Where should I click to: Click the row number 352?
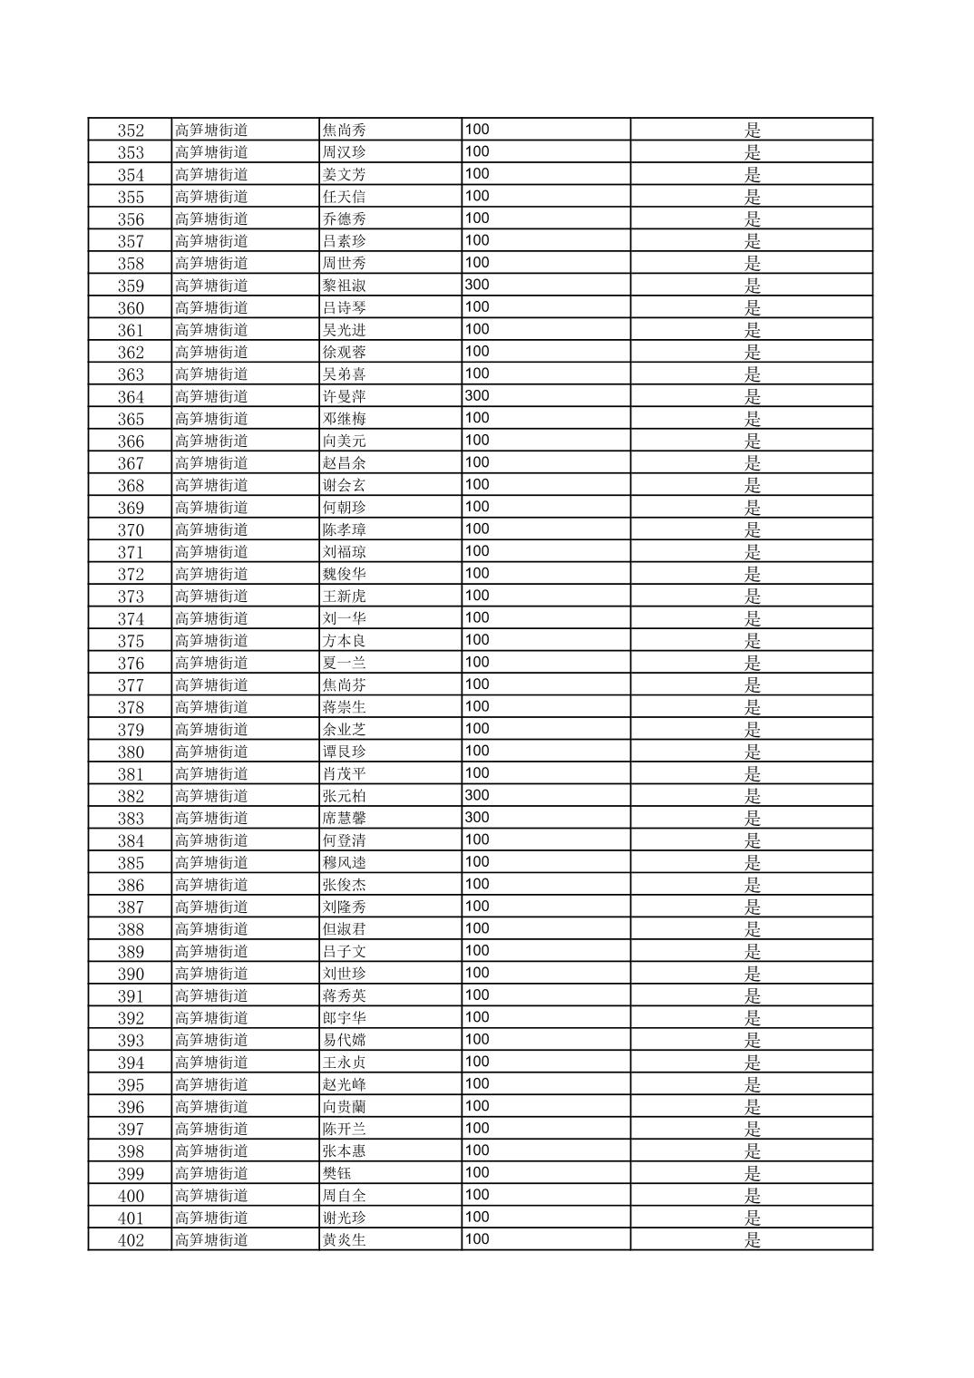pos(131,130)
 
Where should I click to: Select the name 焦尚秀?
pos(345,130)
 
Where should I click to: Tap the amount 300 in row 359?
pos(477,285)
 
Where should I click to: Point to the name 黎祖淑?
pos(345,286)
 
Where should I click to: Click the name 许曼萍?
pos(345,396)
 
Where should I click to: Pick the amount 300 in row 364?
pos(477,395)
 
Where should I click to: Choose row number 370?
pos(131,529)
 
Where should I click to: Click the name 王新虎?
pos(345,596)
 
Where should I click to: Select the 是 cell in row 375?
pos(752,641)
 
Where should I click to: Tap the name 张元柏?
pos(345,796)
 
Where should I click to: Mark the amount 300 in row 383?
pos(477,817)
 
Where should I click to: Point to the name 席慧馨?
pos(345,818)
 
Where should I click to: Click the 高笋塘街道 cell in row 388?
pos(211,928)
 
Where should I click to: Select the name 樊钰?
pos(337,1173)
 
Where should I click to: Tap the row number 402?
pos(131,1240)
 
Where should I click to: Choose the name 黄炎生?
pos(345,1239)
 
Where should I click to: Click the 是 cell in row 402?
pos(752,1240)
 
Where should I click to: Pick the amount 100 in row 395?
pos(477,1083)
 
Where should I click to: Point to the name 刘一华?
pos(345,618)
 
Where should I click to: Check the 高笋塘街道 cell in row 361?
pos(211,329)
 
